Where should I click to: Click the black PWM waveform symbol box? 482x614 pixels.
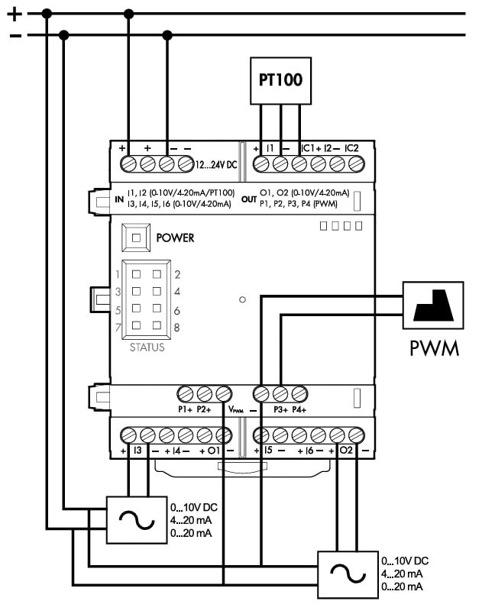coord(433,305)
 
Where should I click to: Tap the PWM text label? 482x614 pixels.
coord(434,350)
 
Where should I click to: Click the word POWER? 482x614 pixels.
coord(175,238)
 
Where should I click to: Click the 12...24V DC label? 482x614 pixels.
coord(217,164)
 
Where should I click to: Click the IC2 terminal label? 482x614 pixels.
coord(352,147)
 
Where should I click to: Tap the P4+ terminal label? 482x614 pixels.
coord(299,409)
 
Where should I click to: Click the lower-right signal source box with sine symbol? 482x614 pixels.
coord(345,574)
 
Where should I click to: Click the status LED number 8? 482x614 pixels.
coord(157,326)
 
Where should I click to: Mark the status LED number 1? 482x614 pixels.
coord(138,273)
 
